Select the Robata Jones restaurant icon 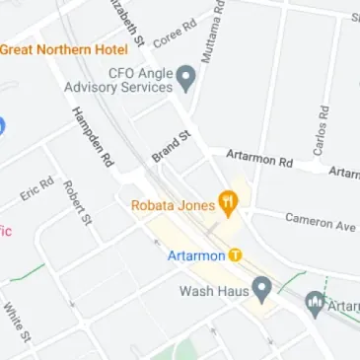[229, 204]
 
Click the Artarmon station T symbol [235, 255]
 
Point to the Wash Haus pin [261, 290]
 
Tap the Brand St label [170, 146]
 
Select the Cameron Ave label [320, 222]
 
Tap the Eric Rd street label [36, 188]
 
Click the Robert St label [76, 202]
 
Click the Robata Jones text [174, 206]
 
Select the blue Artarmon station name [196, 256]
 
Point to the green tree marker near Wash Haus [316, 303]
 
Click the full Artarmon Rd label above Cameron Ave [259, 158]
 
